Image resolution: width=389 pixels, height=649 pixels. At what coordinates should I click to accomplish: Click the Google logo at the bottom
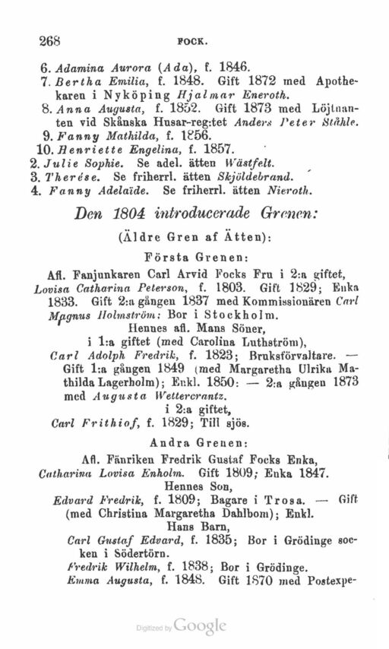pyautogui.click(x=201, y=626)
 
